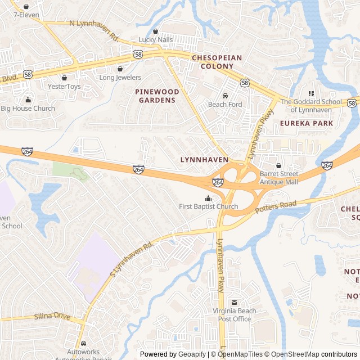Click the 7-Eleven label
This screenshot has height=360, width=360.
pos(23,15)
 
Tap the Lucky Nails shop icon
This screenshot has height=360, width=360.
pos(156,31)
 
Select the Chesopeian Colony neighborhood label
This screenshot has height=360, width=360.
pos(217,62)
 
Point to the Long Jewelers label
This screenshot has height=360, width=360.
pos(120,78)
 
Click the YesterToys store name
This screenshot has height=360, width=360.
pos(64,87)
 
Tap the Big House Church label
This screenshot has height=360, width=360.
pos(28,108)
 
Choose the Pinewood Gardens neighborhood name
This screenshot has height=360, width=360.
pos(157,96)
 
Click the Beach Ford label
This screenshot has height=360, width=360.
pos(225,105)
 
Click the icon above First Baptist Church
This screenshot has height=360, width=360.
pos(209,198)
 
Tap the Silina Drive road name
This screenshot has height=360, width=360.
pos(52,317)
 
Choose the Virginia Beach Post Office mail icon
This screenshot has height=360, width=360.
pos(235,303)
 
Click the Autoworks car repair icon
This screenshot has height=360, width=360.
pos(83,343)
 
